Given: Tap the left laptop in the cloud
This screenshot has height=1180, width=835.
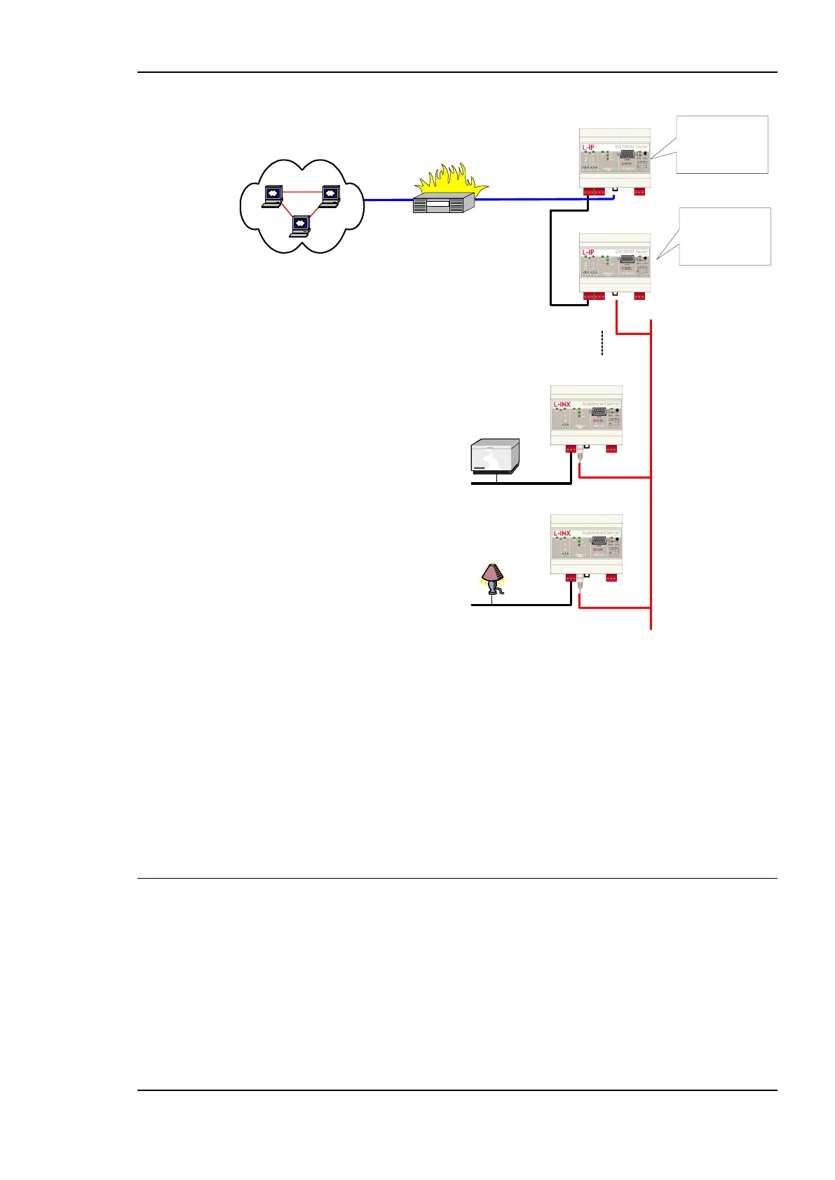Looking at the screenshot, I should [271, 195].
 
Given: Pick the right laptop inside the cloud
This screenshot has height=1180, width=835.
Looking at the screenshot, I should [330, 195].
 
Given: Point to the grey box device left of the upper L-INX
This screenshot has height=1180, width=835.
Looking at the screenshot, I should [496, 459].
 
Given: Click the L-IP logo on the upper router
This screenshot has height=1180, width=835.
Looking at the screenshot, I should [588, 147].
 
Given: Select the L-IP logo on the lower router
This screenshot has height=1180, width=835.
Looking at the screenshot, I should [588, 252].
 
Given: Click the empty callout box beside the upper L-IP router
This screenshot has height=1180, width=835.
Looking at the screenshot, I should [722, 144].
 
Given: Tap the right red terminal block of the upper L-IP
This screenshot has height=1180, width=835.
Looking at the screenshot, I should [639, 191].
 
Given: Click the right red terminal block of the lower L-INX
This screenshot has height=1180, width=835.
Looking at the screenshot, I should [611, 578].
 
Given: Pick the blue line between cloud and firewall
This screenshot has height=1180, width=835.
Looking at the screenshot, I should [388, 200].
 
